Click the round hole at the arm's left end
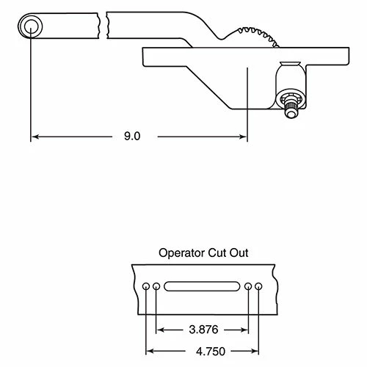(x=30, y=27)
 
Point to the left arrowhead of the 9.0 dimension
(x=34, y=137)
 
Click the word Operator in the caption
(x=181, y=252)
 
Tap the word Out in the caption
(x=239, y=252)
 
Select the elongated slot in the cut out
(x=202, y=286)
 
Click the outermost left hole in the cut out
(x=147, y=286)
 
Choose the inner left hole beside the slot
(x=156, y=286)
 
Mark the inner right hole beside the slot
(x=248, y=286)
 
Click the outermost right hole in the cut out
(x=258, y=286)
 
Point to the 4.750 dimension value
(x=203, y=351)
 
